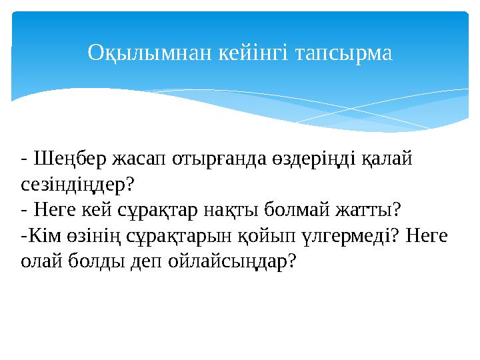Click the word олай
coord(41,261)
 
